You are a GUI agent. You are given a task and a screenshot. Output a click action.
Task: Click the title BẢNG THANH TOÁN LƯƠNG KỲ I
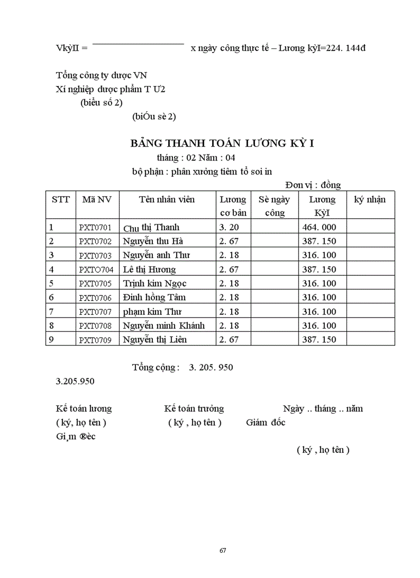pos(222,144)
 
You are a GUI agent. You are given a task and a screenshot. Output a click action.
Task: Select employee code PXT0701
pos(95,227)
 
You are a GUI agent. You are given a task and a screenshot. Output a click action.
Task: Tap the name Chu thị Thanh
pos(151,227)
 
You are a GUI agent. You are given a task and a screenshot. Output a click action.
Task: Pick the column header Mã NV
pos(97,200)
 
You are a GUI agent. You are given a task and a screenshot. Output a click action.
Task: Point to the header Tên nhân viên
pos(167,200)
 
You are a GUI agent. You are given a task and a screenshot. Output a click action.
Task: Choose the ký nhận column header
pos(370,200)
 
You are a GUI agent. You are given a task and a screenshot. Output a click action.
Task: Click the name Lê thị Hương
pos(149,269)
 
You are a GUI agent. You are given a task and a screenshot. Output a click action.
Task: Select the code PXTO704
pos(95,270)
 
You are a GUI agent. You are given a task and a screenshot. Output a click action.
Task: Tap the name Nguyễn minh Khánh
pos(164,325)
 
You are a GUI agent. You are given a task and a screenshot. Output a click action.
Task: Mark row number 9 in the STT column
pos(51,340)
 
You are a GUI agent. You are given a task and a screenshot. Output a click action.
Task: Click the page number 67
pos(223,550)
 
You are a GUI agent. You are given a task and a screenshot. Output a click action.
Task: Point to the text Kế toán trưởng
pos(194,409)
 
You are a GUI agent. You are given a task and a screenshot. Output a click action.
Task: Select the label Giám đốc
pos(266,423)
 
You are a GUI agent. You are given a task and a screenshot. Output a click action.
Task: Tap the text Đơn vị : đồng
pos(313,185)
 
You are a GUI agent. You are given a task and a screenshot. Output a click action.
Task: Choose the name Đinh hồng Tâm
pos(154,297)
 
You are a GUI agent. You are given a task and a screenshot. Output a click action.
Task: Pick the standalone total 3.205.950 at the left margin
pos(75,381)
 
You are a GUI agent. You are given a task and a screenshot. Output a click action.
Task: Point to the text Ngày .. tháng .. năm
pos(323,409)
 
